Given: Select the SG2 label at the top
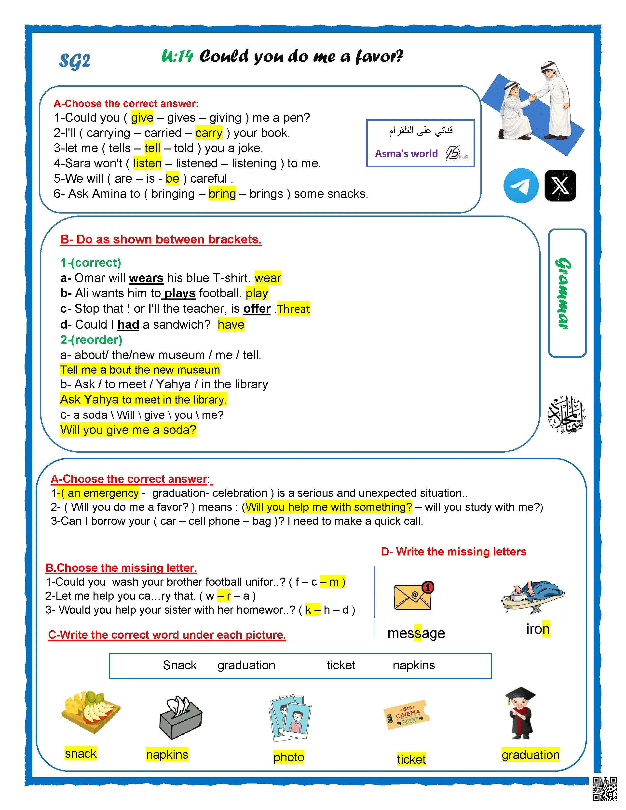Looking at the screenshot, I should [x=75, y=61].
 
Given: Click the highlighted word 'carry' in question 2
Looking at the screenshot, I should [x=209, y=133].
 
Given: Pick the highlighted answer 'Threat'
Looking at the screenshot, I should [x=293, y=309].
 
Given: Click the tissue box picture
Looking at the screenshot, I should [x=181, y=718].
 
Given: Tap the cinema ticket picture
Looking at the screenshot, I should [x=407, y=715].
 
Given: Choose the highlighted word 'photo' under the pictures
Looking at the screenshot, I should [x=288, y=757].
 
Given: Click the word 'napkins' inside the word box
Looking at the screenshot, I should [x=413, y=665].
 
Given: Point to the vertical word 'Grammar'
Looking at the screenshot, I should [x=563, y=293].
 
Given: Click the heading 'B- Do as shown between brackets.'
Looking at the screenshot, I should [x=161, y=240].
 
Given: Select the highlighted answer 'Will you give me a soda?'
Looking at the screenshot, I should [x=128, y=430].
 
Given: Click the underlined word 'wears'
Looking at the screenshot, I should [x=146, y=278].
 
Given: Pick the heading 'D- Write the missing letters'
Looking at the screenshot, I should [x=453, y=552].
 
